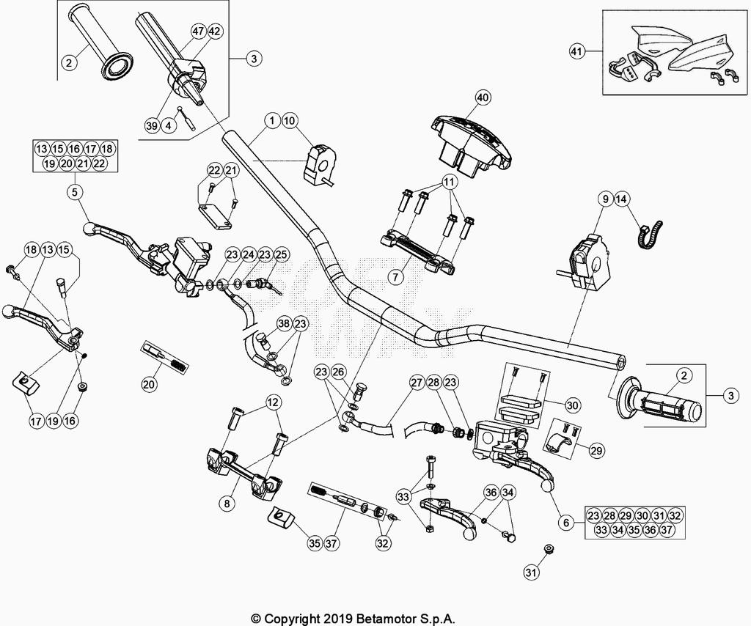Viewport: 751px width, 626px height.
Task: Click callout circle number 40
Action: click(x=482, y=97)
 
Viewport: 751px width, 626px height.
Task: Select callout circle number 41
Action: click(x=579, y=51)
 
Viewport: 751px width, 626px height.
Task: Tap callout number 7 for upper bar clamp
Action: click(x=395, y=278)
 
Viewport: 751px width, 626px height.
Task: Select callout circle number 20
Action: click(x=150, y=383)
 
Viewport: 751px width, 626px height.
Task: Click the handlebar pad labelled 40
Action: click(x=469, y=143)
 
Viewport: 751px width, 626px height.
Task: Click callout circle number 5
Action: click(x=76, y=193)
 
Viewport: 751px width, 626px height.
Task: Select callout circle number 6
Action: click(x=565, y=523)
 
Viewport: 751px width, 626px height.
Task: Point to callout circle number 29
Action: click(x=596, y=451)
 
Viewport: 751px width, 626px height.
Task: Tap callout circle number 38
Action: click(x=284, y=323)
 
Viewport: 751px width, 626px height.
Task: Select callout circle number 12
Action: click(x=273, y=402)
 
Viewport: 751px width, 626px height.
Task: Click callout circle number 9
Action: click(x=605, y=199)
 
